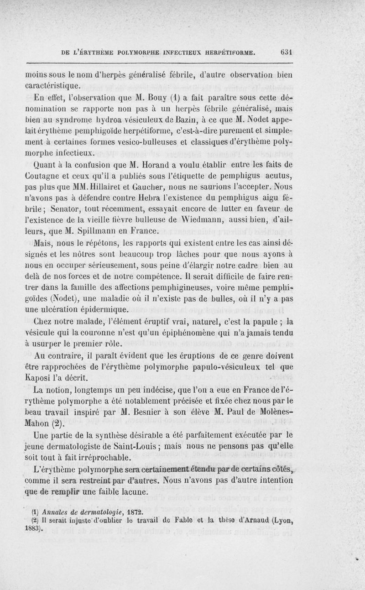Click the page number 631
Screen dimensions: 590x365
(286, 52)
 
